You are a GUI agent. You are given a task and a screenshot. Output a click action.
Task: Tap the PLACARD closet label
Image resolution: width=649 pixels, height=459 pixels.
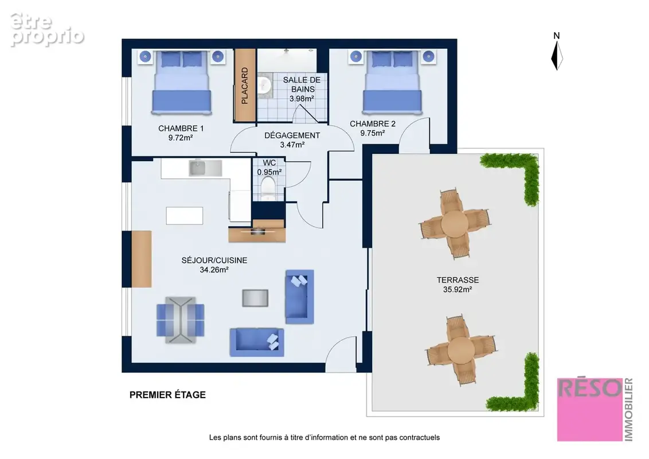(245, 85)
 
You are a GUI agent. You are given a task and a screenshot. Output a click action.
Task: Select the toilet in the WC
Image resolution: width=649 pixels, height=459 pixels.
(268, 189)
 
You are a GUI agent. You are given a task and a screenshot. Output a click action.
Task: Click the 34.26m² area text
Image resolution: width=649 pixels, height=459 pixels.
(214, 270)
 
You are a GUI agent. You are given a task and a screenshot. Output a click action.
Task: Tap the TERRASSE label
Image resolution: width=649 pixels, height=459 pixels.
(458, 280)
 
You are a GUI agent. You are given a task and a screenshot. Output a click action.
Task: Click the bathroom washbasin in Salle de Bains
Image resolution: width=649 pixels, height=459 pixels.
(264, 84)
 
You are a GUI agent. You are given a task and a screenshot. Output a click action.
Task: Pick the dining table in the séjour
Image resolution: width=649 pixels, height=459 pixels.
(181, 320)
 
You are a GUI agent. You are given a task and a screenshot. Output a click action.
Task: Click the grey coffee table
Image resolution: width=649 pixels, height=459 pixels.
(255, 298)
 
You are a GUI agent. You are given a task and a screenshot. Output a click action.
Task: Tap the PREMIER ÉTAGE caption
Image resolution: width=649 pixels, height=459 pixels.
(167, 395)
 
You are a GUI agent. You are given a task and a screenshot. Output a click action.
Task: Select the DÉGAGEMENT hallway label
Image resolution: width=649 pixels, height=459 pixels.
(292, 135)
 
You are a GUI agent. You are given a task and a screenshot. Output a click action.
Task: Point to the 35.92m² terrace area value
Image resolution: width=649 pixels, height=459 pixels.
(458, 290)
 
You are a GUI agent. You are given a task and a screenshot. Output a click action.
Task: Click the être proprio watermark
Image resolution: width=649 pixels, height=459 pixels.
(47, 29)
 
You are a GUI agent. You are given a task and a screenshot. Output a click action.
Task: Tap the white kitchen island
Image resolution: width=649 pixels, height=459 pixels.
(185, 215)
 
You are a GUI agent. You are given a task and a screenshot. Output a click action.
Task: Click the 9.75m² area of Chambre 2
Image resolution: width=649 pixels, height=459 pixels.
(373, 133)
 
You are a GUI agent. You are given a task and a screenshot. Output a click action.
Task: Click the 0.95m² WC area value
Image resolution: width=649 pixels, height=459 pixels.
(269, 172)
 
